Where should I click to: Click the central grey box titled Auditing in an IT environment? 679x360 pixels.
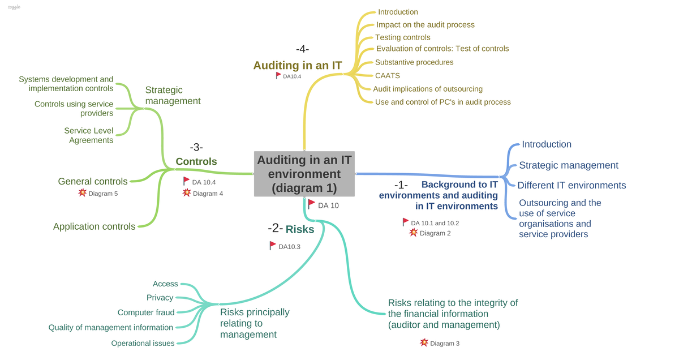tap(304, 174)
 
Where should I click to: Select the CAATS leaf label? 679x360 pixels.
tap(388, 75)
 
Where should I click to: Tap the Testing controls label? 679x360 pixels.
tap(403, 37)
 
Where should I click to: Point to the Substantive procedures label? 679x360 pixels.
tap(414, 62)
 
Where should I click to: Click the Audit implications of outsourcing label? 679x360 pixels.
tap(428, 89)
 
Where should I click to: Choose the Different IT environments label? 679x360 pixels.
tap(571, 185)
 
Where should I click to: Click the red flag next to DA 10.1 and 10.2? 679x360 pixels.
tap(405, 222)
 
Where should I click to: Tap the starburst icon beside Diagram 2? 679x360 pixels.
tap(413, 233)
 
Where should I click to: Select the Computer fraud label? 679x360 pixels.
tap(146, 312)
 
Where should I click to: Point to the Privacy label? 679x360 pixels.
tap(160, 298)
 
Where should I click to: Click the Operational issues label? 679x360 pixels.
tap(143, 343)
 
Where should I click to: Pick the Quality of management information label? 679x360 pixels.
tap(111, 328)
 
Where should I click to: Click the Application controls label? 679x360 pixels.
tap(94, 226)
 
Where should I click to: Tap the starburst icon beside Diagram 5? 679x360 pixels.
tap(82, 193)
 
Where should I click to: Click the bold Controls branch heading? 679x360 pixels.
tap(196, 161)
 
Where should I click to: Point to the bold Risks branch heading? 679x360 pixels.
tap(300, 229)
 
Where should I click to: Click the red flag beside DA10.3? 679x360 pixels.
tap(273, 246)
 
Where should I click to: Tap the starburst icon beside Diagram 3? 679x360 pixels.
tap(424, 342)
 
